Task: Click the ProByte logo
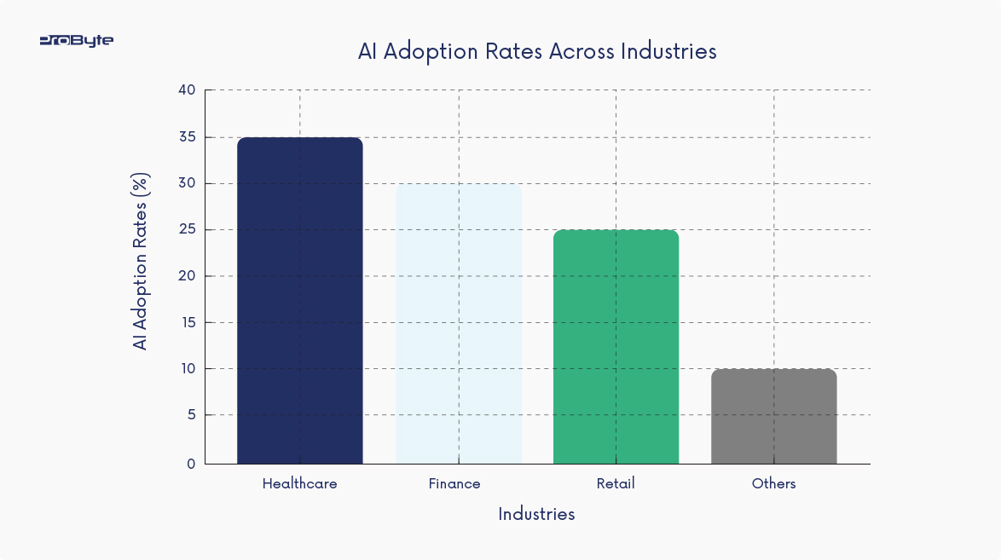click(76, 40)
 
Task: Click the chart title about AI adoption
click(537, 51)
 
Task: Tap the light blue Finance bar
click(458, 324)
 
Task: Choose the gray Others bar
click(773, 416)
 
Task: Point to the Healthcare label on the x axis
click(299, 483)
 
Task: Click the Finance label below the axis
click(454, 483)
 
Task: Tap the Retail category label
click(616, 483)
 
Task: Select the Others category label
click(773, 483)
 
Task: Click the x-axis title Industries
click(536, 514)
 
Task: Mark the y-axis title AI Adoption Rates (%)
click(141, 261)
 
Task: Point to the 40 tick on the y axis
click(187, 90)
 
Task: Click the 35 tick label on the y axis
click(187, 137)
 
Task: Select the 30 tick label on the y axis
click(187, 183)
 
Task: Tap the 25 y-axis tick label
click(187, 229)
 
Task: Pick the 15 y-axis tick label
click(187, 322)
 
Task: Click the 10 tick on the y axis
click(187, 368)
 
